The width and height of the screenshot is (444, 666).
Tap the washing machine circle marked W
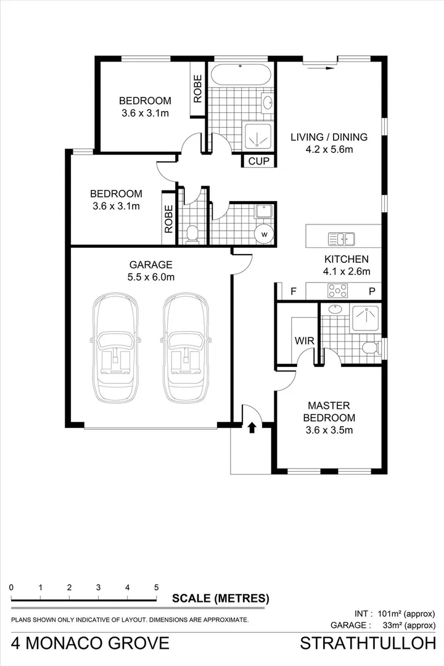point(264,234)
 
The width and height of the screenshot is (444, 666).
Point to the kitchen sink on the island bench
point(341,239)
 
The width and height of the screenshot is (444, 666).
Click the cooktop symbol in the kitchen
point(338,290)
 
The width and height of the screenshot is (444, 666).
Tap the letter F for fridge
point(294,291)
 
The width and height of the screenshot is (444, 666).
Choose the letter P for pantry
point(372,291)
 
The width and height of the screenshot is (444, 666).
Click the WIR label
point(304,340)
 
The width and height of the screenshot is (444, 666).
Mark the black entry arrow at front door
point(252,427)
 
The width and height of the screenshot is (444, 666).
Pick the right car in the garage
point(186,347)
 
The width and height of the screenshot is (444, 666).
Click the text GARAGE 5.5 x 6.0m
point(151,271)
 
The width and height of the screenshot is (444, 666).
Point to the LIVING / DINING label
point(329,142)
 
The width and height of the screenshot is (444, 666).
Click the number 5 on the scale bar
point(156,588)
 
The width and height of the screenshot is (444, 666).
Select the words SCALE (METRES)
point(220,598)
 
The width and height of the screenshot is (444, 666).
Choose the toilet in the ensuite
point(370,348)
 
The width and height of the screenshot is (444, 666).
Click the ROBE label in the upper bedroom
point(197,88)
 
